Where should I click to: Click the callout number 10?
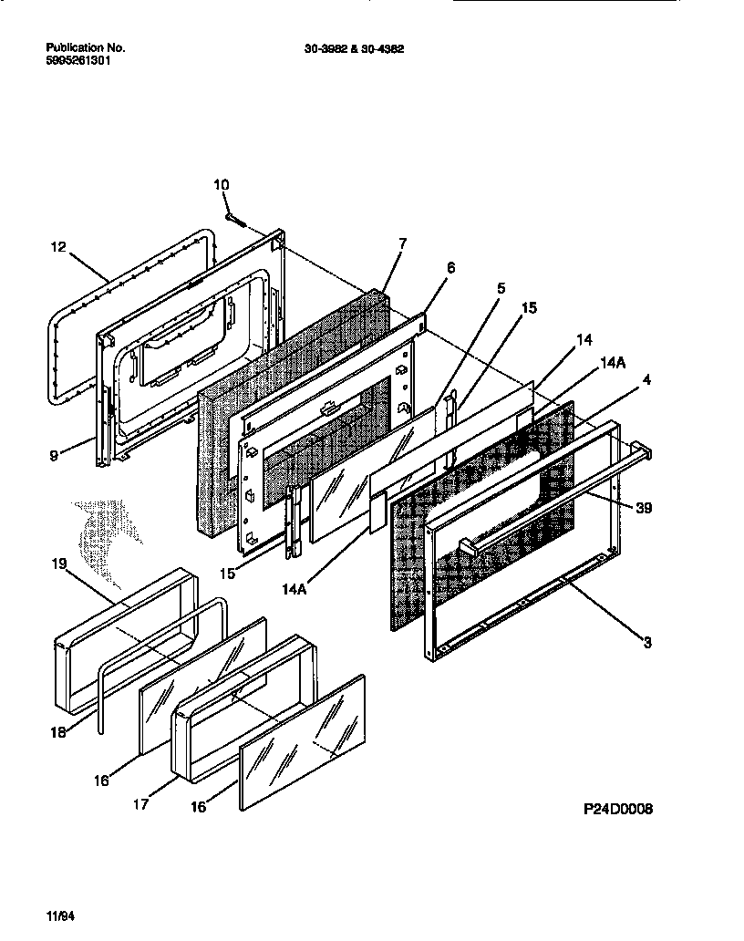pos(222,185)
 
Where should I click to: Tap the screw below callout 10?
pos(235,219)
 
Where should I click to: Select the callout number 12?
pos(57,246)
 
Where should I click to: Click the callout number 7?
pos(403,243)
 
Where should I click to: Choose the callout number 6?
pos(450,267)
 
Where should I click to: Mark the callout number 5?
pos(500,289)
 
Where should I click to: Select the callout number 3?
pos(646,643)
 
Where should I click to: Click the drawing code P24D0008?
pos(618,809)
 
